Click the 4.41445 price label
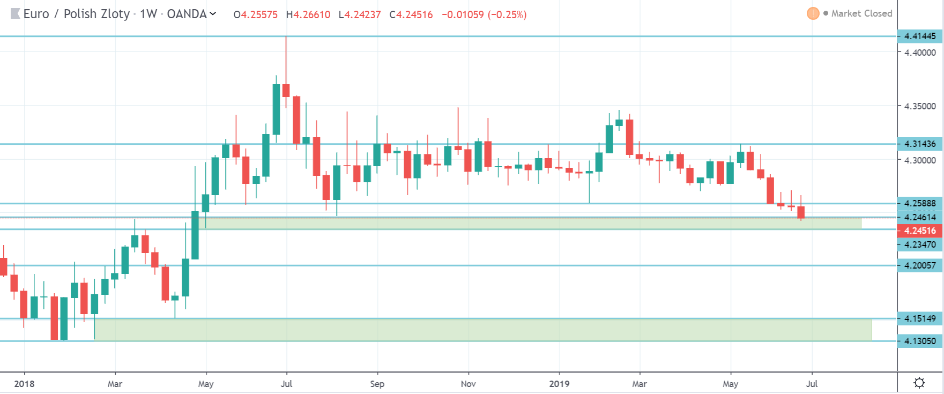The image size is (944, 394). [x=919, y=36]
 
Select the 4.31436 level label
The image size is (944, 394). [x=919, y=144]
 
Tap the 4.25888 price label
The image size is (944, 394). [x=919, y=203]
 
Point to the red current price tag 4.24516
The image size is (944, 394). [x=919, y=231]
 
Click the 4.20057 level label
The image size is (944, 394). [x=919, y=265]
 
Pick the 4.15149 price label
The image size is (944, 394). [x=919, y=318]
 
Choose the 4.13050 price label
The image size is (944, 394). [x=919, y=341]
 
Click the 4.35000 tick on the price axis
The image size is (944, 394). [x=920, y=106]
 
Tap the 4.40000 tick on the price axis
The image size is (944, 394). [x=920, y=53]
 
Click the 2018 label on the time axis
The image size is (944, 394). [x=24, y=384]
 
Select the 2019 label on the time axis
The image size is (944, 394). [x=559, y=384]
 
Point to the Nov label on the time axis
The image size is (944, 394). [x=468, y=384]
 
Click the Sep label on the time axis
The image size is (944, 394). [x=377, y=384]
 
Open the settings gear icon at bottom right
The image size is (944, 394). [x=919, y=383]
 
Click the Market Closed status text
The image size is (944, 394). [x=861, y=13]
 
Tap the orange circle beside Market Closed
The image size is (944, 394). [x=813, y=13]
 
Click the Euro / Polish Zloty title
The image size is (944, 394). [x=76, y=14]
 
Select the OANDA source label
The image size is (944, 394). [x=187, y=14]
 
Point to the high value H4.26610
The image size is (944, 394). [x=308, y=14]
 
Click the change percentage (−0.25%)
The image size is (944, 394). [x=507, y=14]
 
